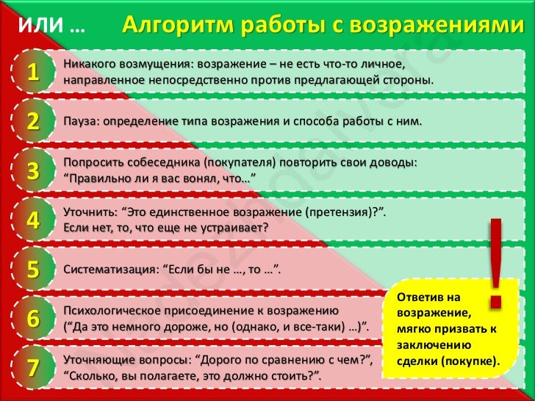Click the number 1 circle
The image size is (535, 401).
pyautogui.click(x=32, y=71)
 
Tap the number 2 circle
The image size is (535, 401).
pyautogui.click(x=32, y=120)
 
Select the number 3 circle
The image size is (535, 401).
pyautogui.click(x=32, y=170)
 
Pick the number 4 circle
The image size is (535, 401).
pyautogui.click(x=32, y=219)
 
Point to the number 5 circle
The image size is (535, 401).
pyautogui.click(x=32, y=268)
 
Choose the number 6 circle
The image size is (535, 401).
pyautogui.click(x=32, y=318)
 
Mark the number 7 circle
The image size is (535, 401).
pyautogui.click(x=32, y=367)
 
